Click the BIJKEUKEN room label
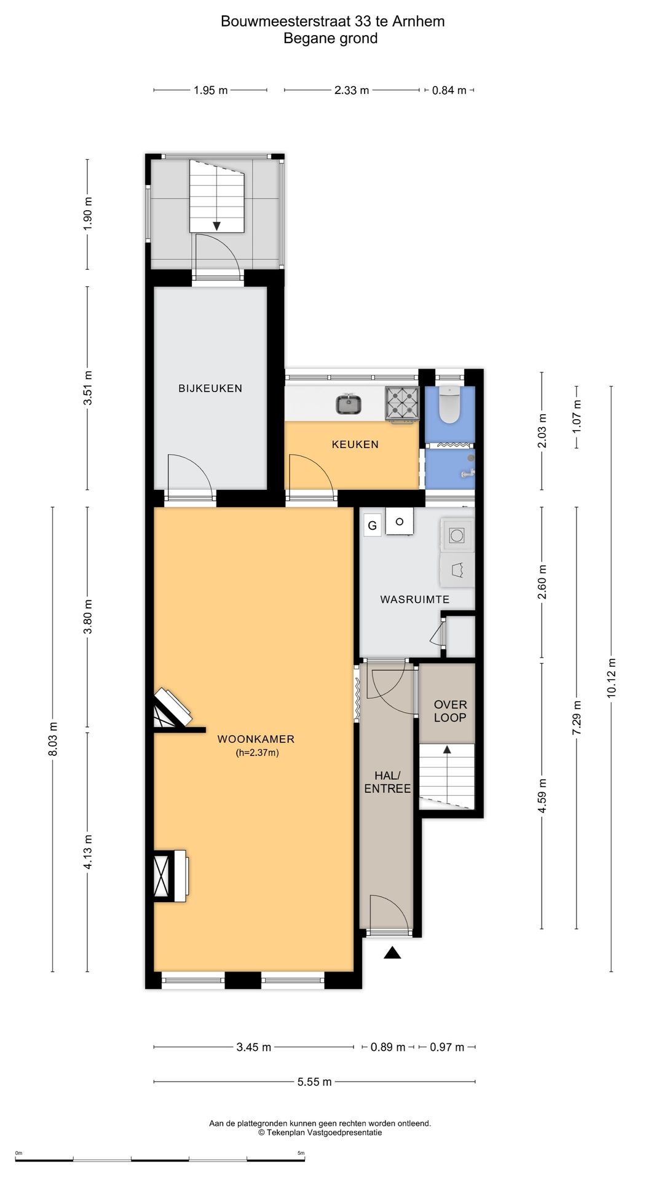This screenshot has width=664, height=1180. tap(210, 388)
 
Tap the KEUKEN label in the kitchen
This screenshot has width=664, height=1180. tap(355, 444)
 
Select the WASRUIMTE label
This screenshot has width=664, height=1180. tap(415, 599)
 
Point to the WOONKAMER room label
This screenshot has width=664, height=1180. tap(256, 739)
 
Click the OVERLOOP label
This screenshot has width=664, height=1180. tap(451, 711)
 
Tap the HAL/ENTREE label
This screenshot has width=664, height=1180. tap(387, 782)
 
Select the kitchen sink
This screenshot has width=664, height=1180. tap(349, 404)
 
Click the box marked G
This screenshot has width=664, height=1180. tap(372, 526)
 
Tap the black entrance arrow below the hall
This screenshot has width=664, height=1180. tap(392, 953)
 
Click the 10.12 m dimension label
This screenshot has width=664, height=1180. tap(612, 678)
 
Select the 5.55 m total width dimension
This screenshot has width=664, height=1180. tap(315, 1082)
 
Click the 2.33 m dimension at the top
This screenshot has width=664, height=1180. tap(352, 90)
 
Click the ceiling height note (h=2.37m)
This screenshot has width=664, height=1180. tap(258, 753)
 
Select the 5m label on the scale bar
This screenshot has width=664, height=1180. tap(301, 1153)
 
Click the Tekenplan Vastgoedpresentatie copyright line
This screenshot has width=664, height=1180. tap(320, 1132)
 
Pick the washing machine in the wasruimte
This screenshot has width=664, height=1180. tap(457, 535)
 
